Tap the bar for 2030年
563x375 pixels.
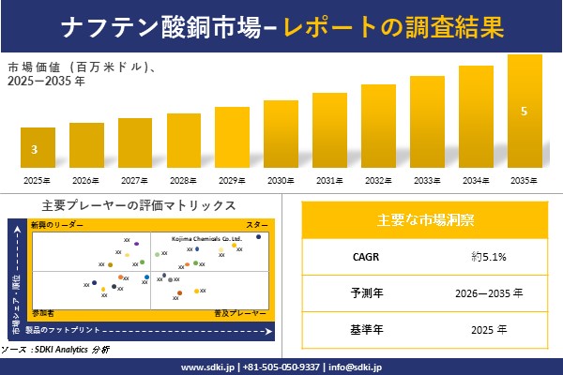tap(280, 134)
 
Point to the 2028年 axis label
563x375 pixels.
tap(183, 180)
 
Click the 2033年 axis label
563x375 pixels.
tap(426, 180)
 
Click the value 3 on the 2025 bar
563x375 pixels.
tap(35, 150)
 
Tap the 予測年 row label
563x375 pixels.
tap(362, 292)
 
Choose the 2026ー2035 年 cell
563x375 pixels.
tap(491, 292)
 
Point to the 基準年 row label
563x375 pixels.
tap(362, 329)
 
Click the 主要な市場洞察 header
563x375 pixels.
tap(425, 221)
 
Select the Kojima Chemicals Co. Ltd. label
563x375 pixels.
tap(205, 239)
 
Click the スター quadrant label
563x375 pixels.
tap(257, 226)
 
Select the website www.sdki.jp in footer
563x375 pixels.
tap(207, 366)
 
